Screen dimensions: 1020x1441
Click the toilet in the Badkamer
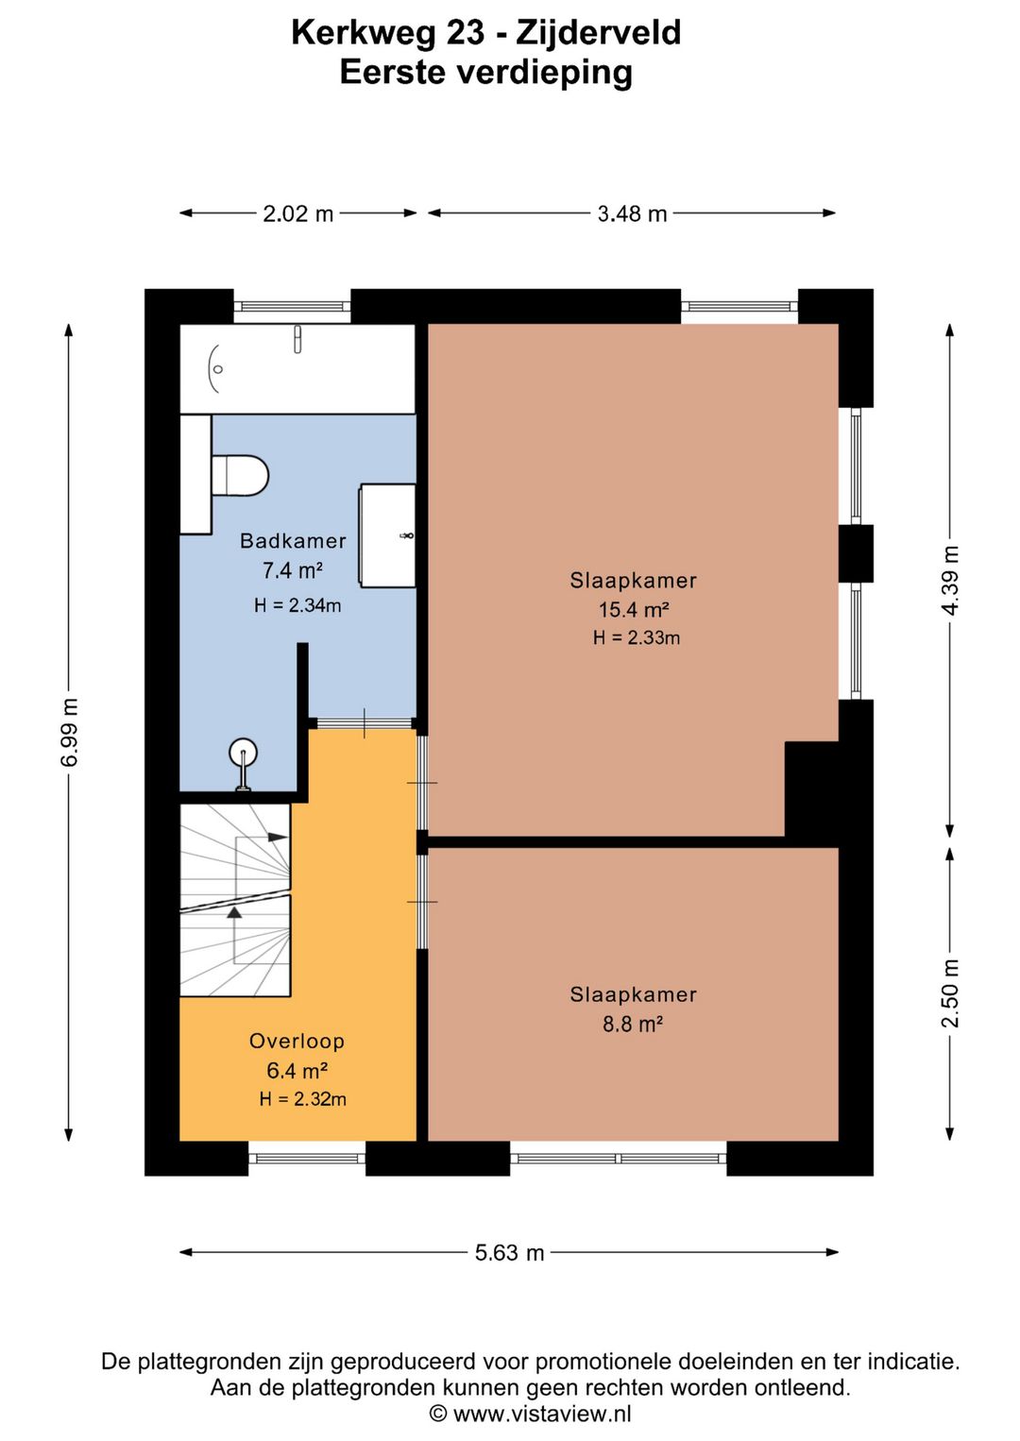239,475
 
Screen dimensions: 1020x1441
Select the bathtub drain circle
218,369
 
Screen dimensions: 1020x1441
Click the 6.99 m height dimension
69,732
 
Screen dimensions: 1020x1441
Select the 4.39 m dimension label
950,580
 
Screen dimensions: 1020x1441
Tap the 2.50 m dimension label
950,993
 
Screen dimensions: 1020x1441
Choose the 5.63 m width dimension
510,1252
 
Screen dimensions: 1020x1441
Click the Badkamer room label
293,540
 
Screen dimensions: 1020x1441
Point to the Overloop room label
297,1041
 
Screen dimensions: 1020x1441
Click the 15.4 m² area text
634,608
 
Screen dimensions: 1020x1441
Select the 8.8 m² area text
633,1024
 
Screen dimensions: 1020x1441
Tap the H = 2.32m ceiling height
302,1099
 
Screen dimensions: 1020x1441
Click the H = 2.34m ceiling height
297,605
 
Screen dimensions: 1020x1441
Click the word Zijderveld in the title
599,32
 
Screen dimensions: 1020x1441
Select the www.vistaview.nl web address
542,1414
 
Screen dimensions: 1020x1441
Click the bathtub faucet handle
297,340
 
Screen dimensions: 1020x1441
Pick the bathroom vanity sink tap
407,535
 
